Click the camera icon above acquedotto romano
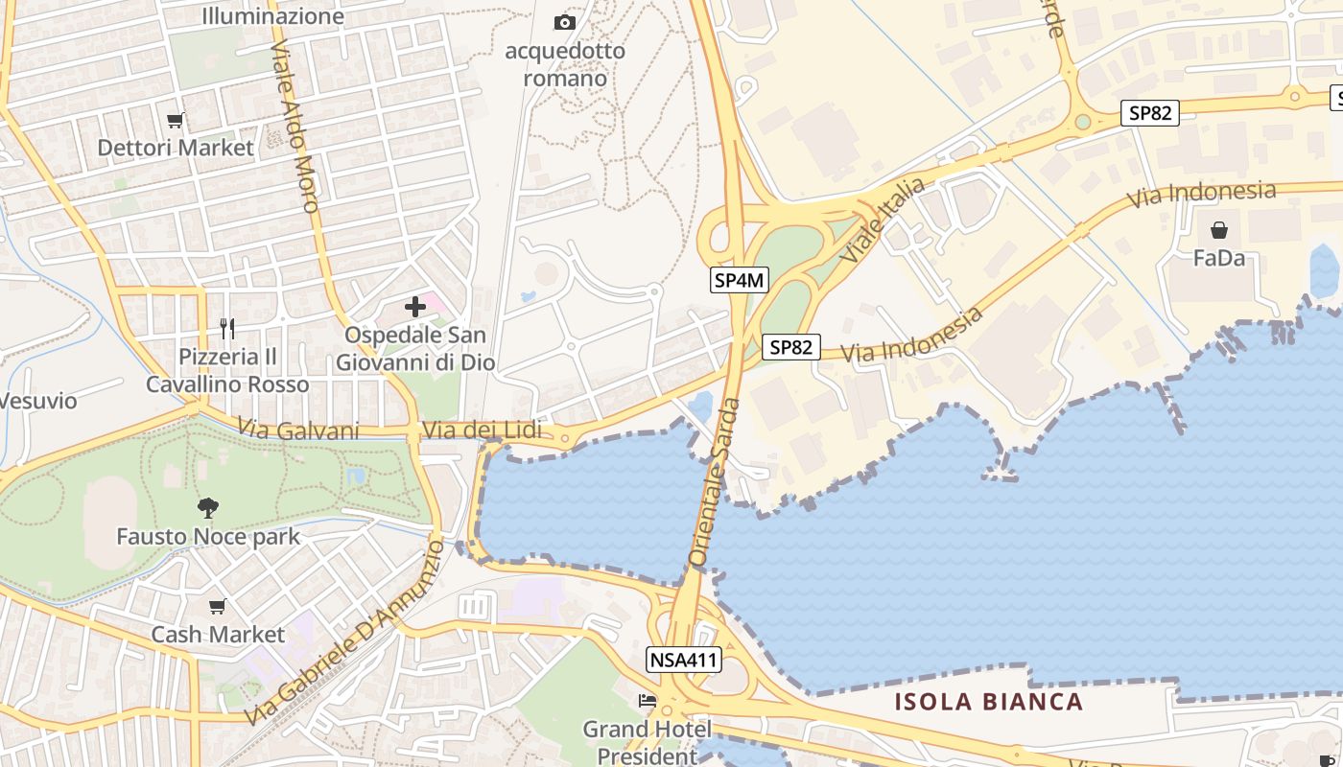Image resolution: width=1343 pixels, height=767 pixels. [x=565, y=22]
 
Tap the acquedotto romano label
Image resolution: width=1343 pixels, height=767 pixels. [x=565, y=64]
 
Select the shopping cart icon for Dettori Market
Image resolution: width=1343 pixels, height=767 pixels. [x=175, y=120]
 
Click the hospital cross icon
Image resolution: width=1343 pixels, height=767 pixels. [x=415, y=307]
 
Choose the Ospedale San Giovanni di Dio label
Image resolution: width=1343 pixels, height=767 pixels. [x=415, y=349]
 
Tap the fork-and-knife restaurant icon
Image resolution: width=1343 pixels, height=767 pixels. [x=227, y=329]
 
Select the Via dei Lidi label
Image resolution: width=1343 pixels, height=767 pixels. [x=482, y=430]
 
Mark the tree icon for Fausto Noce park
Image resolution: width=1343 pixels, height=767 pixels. [x=207, y=507]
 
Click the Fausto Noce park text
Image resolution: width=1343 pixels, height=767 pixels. [x=208, y=536]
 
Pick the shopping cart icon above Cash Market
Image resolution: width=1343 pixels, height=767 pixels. [x=218, y=606]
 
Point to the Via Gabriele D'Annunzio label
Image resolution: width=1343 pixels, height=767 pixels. [x=344, y=633]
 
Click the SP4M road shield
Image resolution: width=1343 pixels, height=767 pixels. [x=741, y=280]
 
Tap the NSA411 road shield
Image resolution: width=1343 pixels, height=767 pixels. [x=684, y=660]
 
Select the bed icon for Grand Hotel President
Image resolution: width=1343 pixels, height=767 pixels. [x=648, y=702]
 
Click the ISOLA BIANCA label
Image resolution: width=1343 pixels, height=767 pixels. [x=989, y=702]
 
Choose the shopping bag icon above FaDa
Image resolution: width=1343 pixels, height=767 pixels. [x=1218, y=230]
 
